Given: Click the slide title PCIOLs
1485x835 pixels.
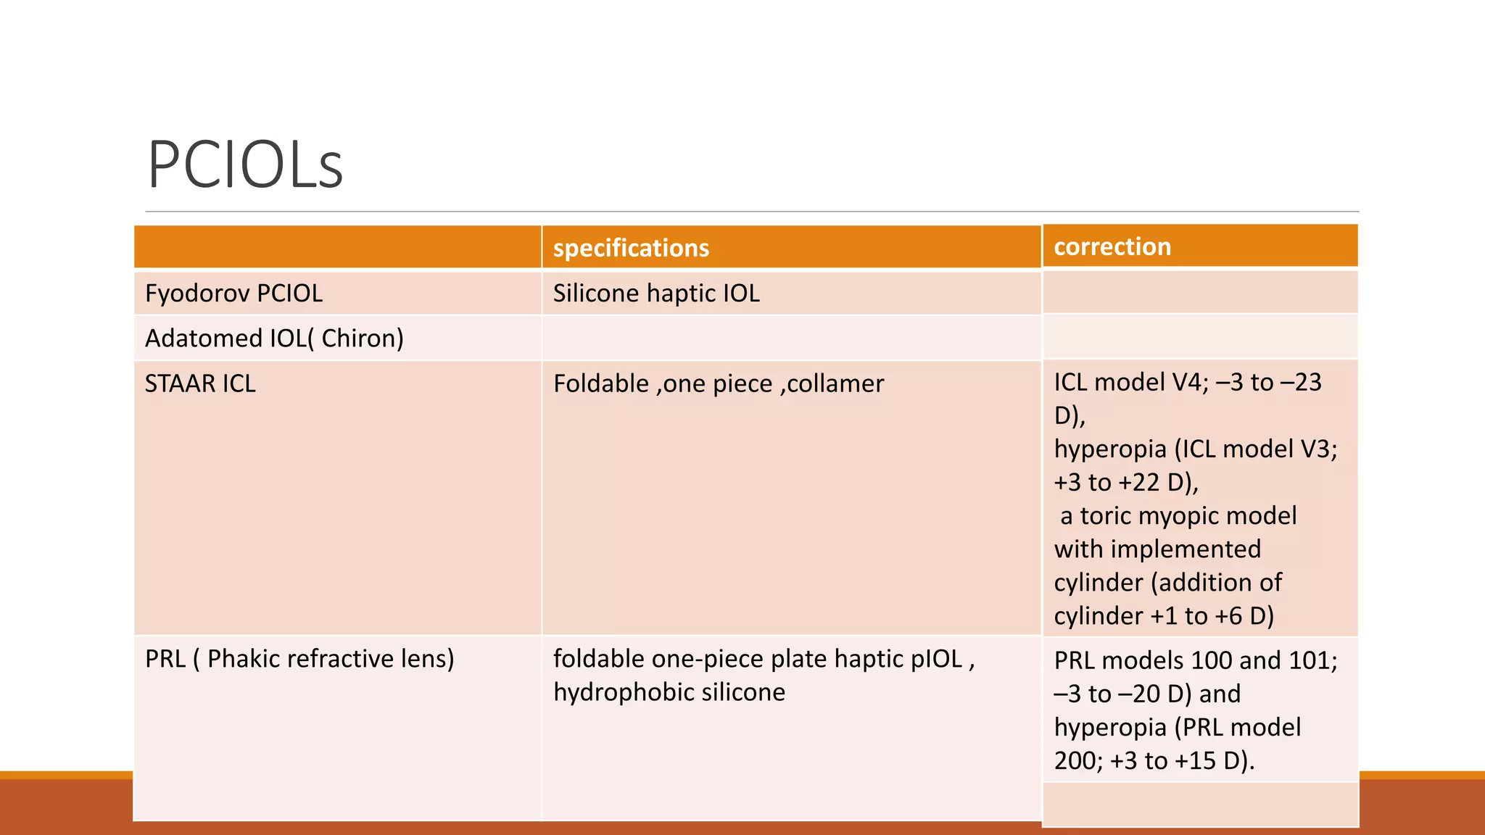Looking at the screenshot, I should (x=245, y=165).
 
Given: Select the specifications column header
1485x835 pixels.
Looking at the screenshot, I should (x=631, y=248).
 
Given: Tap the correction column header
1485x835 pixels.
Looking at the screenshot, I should (x=1112, y=246).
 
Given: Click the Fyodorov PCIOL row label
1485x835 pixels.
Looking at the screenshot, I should (x=233, y=294).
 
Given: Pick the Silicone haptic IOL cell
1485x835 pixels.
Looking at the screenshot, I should (x=656, y=294).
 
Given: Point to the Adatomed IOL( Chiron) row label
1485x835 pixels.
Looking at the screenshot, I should (x=274, y=338).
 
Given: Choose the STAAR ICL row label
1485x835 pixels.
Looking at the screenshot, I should (x=200, y=383).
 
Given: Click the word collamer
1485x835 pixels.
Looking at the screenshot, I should (x=835, y=383).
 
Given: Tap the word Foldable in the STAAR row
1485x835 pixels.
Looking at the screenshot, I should (x=601, y=383).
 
